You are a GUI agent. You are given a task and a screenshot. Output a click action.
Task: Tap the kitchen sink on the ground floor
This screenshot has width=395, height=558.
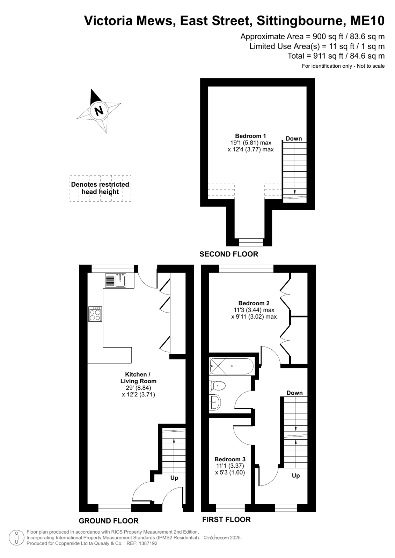click(x=116, y=280)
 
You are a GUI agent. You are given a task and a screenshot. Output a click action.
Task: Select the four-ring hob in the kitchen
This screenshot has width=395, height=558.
click(x=95, y=314)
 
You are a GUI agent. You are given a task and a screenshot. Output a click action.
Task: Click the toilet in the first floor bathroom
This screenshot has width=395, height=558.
click(x=217, y=386)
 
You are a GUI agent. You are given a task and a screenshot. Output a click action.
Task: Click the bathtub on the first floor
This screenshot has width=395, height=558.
click(x=232, y=366)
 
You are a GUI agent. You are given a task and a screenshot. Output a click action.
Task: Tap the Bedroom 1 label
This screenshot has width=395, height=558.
click(x=251, y=136)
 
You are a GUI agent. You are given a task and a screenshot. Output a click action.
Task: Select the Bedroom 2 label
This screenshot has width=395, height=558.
click(x=254, y=303)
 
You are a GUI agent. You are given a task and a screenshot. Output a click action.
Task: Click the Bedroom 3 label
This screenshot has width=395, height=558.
click(x=230, y=459)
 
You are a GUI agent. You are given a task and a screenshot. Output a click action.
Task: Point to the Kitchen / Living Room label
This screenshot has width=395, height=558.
click(x=138, y=378)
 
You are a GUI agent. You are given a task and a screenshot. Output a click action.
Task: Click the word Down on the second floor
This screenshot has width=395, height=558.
click(x=294, y=139)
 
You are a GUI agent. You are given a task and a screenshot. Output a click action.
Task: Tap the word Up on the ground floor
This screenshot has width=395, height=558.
click(x=174, y=478)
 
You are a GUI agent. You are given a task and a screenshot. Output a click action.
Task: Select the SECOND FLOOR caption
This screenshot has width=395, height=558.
click(x=229, y=254)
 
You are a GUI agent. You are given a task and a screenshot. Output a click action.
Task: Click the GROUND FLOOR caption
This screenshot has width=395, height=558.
click(x=109, y=521)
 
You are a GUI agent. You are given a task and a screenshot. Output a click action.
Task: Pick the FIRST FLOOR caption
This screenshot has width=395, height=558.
click(x=226, y=519)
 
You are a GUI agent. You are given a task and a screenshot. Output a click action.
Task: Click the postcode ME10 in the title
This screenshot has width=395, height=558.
click(x=367, y=21)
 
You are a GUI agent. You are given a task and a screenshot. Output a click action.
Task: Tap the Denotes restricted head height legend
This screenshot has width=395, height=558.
click(x=100, y=188)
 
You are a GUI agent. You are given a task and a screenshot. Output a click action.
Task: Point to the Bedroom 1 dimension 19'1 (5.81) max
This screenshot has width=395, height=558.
click(x=251, y=143)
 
